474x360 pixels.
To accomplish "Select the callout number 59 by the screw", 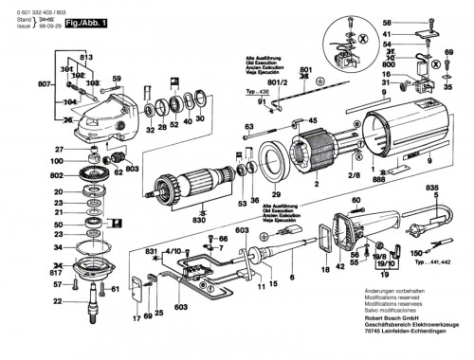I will [x=117, y=79].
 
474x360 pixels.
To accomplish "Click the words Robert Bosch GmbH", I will [x=379, y=323].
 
